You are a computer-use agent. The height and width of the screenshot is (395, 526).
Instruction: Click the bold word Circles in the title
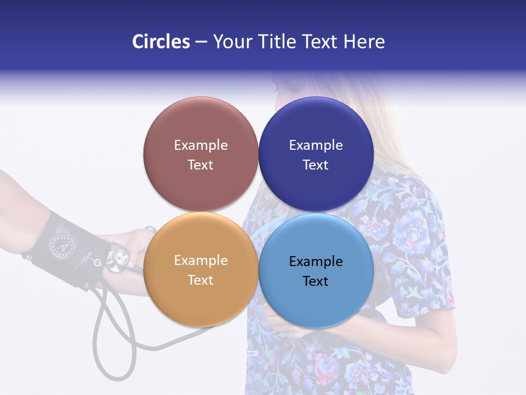pyautogui.click(x=161, y=42)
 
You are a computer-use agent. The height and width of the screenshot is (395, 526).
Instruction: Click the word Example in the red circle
pyautogui.click(x=201, y=145)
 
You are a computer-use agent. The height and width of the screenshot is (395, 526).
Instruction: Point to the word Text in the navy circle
pyautogui.click(x=316, y=165)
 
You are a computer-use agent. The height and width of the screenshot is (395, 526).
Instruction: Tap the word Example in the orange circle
pyautogui.click(x=201, y=261)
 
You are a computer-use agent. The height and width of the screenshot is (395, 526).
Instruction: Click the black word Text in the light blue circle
pyautogui.click(x=316, y=281)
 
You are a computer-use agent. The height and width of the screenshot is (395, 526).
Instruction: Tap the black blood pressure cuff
pyautogui.click(x=66, y=247)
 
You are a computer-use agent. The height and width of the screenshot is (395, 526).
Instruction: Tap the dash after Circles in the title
pyautogui.click(x=201, y=42)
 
